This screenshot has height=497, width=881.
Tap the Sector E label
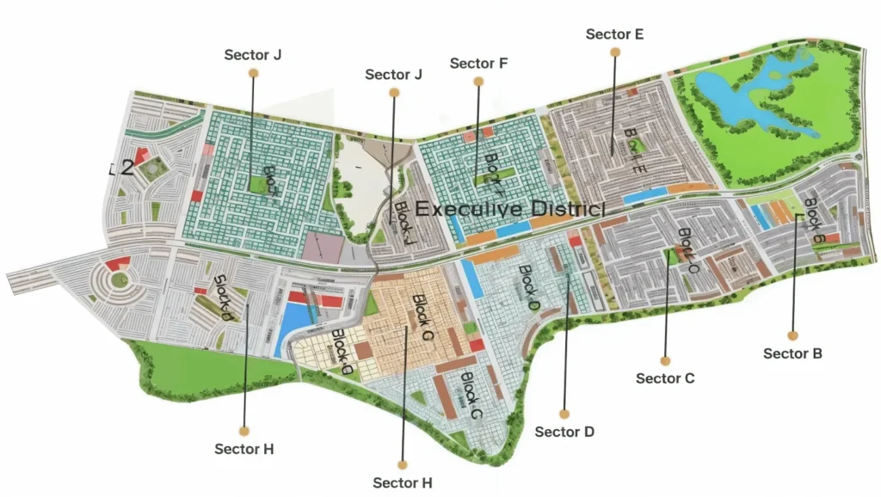(614, 34)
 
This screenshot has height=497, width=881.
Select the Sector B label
(792, 353)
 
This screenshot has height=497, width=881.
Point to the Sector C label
(665, 378)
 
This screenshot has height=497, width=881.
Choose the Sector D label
(564, 432)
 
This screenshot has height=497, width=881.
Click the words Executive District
(510, 209)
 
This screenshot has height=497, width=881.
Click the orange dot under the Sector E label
(614, 52)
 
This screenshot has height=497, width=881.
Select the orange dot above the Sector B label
(792, 335)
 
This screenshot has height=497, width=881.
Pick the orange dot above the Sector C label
(665, 360)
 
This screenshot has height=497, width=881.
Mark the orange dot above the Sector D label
(564, 414)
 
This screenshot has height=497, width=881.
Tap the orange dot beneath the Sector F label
(478, 82)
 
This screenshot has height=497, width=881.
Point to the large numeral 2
(126, 168)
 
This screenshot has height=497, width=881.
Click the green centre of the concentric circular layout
(120, 279)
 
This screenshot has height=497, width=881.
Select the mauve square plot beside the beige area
(322, 246)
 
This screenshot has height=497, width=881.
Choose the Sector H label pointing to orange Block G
(403, 482)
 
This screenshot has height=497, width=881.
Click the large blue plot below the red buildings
(295, 322)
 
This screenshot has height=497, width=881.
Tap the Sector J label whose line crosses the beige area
(393, 75)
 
